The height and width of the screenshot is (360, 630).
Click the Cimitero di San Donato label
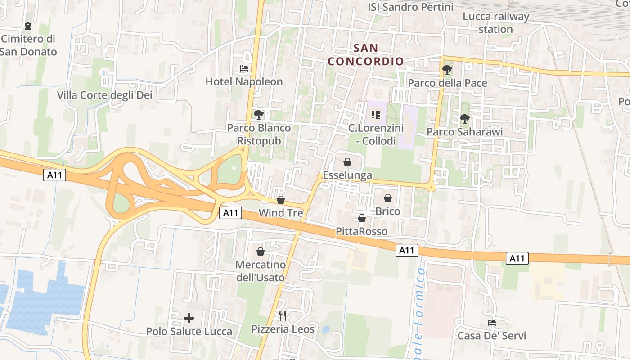coord(28,45)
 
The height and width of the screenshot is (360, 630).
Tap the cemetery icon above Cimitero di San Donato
coord(28,26)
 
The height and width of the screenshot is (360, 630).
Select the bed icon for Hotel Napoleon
coord(244,68)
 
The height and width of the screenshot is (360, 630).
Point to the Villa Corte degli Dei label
coord(104,95)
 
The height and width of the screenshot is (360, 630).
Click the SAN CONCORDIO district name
coord(365,54)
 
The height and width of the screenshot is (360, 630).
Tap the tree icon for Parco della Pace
coord(447,70)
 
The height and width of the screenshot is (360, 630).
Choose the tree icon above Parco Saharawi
coord(464,119)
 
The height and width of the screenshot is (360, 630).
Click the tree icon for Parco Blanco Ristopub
coord(258,115)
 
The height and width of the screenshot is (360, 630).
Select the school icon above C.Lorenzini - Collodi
coord(375,115)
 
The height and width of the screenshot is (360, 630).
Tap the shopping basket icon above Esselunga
coord(347,162)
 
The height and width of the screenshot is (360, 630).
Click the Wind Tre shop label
coord(281,212)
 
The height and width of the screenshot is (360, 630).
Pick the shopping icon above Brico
coord(388,198)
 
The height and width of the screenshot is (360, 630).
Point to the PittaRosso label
coord(361,231)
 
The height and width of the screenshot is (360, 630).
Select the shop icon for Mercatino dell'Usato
coord(260,252)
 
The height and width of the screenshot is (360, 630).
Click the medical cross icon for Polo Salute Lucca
coord(189,318)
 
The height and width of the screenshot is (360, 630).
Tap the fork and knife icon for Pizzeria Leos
coord(283,315)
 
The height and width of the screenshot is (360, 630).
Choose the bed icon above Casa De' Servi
coord(491,322)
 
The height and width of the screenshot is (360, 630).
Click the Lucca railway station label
coord(496,23)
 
